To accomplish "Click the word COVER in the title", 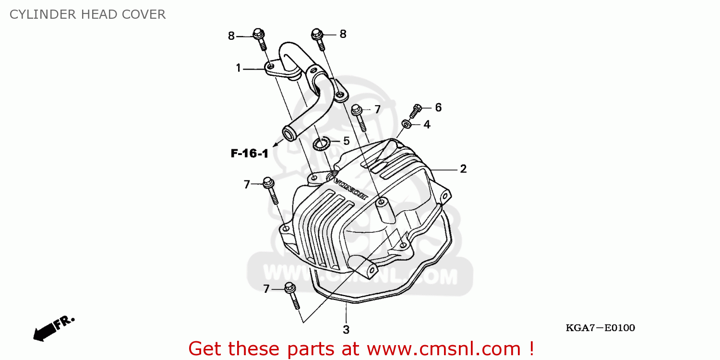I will tap(143, 15).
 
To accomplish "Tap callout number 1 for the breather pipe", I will tap(238, 68).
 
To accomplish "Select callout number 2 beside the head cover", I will tap(463, 169).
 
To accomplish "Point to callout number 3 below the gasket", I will tap(346, 330).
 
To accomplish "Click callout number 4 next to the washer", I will tap(427, 125).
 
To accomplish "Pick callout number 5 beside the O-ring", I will tap(346, 141).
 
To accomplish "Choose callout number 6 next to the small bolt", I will tap(438, 108).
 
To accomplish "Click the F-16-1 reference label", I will tap(249, 154).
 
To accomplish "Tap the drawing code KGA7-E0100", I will tap(600, 328).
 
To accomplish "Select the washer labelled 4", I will tap(406, 125).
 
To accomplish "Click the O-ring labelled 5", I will tap(320, 143).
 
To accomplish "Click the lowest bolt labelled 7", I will tap(292, 294).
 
